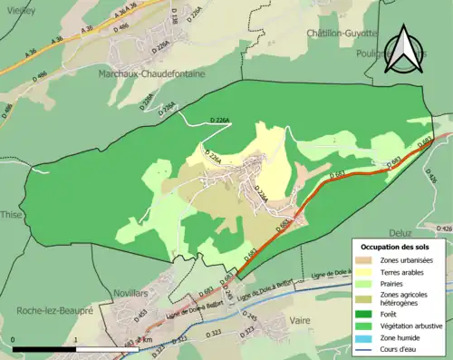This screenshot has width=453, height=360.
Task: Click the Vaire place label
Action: [300, 320]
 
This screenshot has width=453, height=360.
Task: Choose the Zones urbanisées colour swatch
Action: [365, 260]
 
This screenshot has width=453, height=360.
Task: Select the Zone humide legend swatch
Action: [365, 336]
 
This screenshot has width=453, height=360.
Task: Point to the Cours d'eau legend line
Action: [365, 346]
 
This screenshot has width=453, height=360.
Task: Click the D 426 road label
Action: [444, 229]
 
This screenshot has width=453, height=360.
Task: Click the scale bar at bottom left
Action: [45, 346]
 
